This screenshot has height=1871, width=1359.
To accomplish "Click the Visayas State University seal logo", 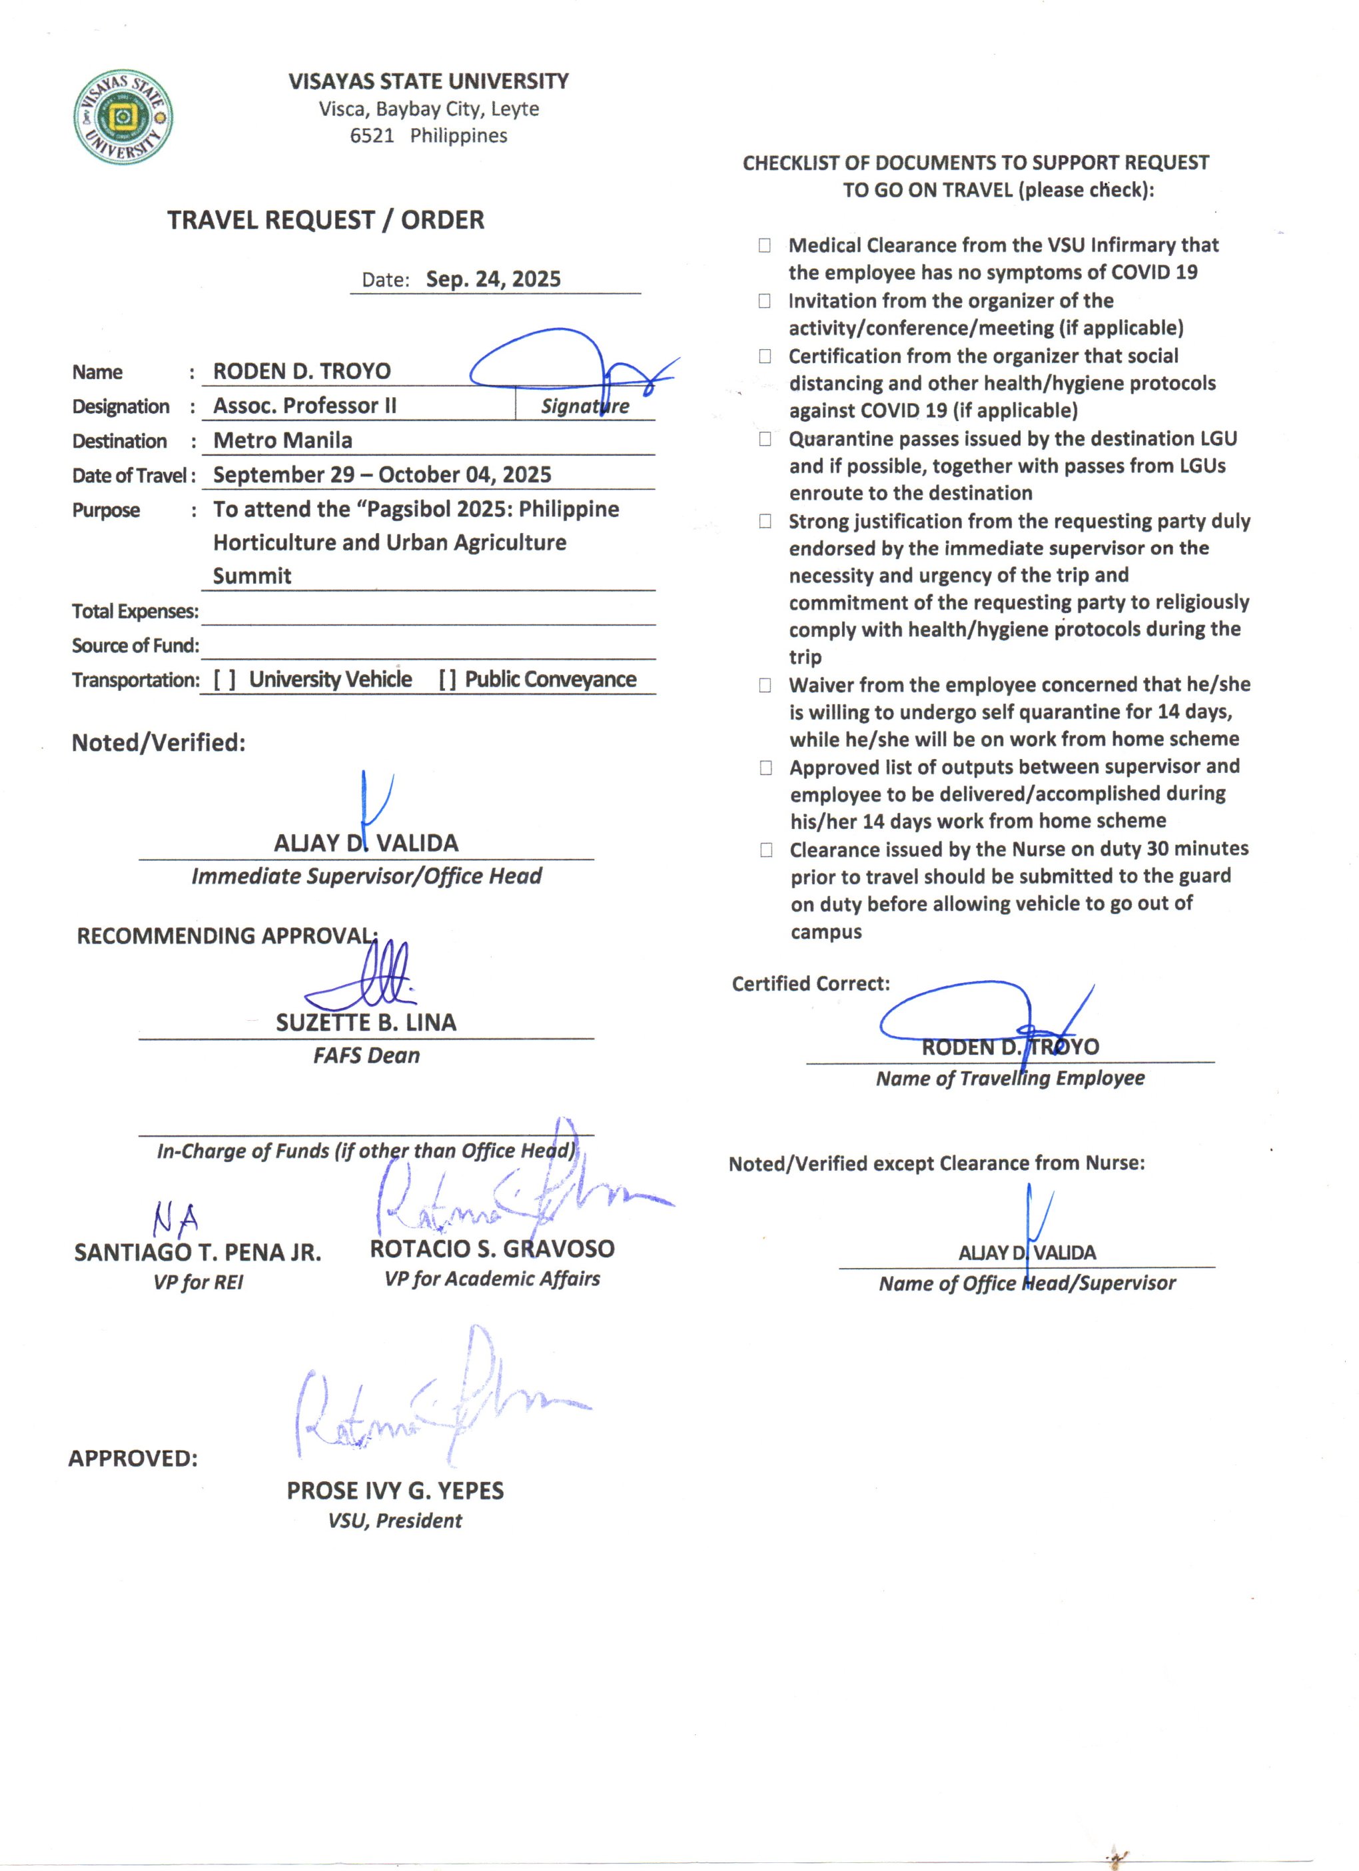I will (x=124, y=117).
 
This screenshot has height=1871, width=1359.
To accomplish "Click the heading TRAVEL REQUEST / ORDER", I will (x=326, y=221).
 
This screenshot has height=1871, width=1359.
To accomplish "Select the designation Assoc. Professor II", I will (x=305, y=406).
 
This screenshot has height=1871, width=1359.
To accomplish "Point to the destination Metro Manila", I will (x=283, y=440).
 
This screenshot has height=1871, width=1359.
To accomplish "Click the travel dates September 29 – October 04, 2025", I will (x=382, y=475).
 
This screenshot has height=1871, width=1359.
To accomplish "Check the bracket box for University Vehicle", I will (x=225, y=680).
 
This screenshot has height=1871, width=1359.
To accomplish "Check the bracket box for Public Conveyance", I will (x=448, y=680).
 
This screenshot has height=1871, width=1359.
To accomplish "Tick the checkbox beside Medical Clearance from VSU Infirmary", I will (x=765, y=245).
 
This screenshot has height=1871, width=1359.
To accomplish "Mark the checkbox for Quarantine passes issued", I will (x=765, y=439).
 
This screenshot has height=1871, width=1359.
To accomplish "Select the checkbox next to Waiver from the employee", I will (x=765, y=686).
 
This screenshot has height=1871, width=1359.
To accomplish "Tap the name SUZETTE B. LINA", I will (x=366, y=1023).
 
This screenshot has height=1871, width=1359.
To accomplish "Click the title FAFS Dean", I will (x=366, y=1056).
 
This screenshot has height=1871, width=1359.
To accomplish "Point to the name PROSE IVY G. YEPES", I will (x=395, y=1491).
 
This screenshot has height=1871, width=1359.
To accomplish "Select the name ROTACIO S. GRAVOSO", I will (x=492, y=1249).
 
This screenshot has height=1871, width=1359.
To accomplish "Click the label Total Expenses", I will (x=135, y=611).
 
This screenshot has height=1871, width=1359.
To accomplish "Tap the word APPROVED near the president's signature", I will (x=133, y=1459).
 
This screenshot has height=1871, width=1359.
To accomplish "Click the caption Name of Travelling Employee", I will (x=1010, y=1078).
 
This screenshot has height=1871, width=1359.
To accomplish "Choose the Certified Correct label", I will (x=811, y=983).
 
